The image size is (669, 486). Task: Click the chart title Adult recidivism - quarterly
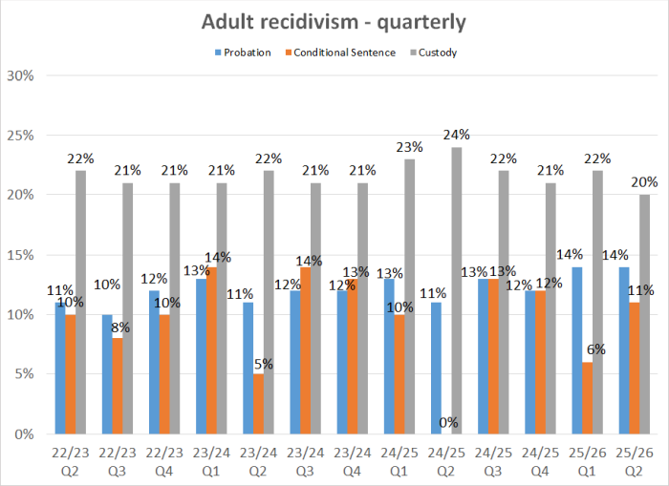[x=334, y=20]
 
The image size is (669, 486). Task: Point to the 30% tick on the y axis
[x=20, y=75]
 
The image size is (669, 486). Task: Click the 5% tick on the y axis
[x=23, y=374]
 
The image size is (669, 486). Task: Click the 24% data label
[x=455, y=135]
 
